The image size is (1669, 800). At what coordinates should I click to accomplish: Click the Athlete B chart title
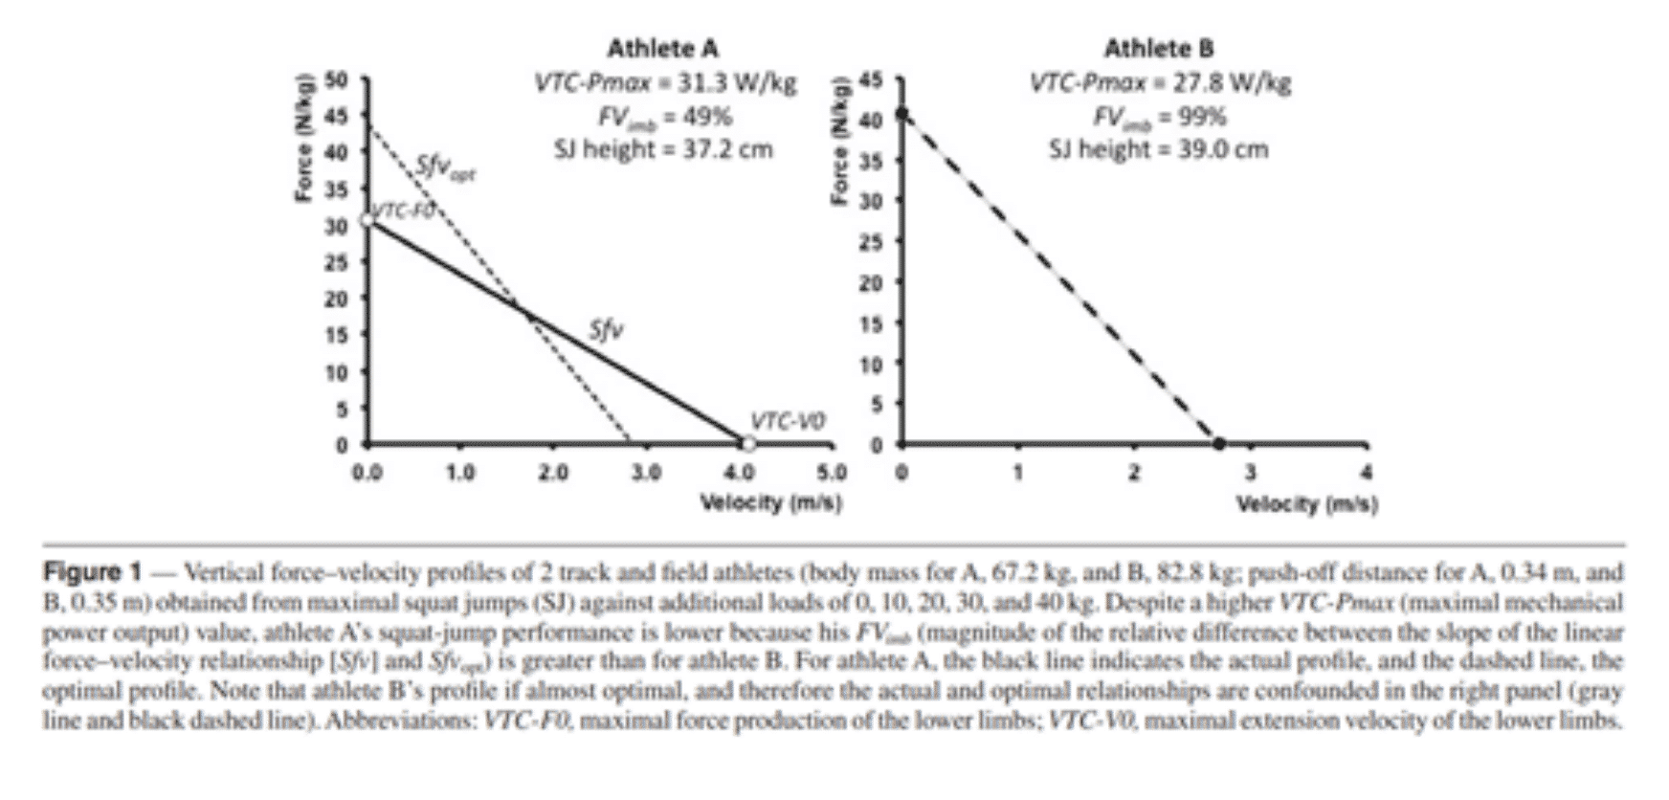(1159, 48)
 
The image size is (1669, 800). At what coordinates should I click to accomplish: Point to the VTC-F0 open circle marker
(367, 220)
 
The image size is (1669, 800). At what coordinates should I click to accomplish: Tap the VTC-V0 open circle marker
(748, 443)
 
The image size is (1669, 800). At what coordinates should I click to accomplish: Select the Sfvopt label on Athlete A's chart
(446, 168)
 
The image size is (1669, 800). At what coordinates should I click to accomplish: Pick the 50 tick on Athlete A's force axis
(336, 78)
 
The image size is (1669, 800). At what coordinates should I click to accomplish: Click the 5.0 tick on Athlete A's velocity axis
(832, 473)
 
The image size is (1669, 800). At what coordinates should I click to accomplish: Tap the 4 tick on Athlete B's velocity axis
(1367, 473)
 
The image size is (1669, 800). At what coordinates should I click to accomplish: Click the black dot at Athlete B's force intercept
(901, 115)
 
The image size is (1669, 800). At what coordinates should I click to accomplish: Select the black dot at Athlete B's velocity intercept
(1218, 444)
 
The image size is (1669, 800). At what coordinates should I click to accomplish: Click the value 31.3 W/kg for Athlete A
(737, 83)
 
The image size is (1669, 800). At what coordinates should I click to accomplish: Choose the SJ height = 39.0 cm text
(1158, 149)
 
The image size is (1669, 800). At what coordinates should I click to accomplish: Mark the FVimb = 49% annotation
(664, 117)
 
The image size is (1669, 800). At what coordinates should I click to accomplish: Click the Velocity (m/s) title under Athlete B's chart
(1307, 504)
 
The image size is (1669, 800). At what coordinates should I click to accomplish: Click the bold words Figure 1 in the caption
(92, 573)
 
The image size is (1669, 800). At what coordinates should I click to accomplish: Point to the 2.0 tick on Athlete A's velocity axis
(552, 473)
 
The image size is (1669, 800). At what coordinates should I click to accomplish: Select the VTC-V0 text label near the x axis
(787, 421)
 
